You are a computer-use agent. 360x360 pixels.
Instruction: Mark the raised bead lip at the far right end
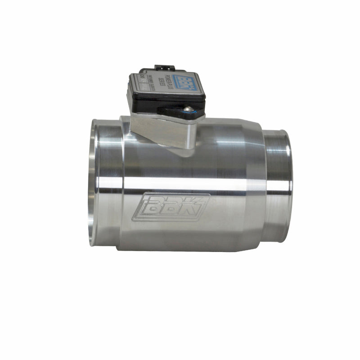[286, 184]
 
